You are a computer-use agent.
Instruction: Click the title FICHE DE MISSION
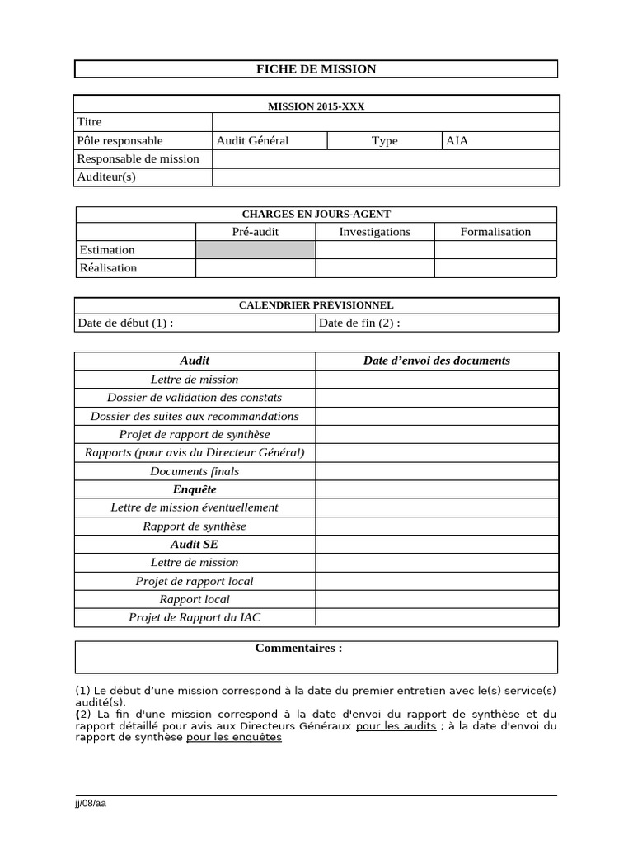click(x=316, y=69)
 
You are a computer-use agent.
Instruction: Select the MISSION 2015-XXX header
click(x=316, y=106)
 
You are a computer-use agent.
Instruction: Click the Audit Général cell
click(x=252, y=141)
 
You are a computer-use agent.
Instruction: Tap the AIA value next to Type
click(x=457, y=141)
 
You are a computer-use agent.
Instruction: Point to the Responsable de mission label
click(x=138, y=158)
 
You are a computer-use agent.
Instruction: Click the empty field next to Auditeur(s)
click(x=385, y=177)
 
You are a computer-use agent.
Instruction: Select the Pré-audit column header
click(x=256, y=232)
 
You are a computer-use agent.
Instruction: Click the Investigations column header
click(x=374, y=232)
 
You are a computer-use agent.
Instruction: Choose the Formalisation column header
click(x=495, y=232)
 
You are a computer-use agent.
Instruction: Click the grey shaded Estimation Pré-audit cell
click(x=256, y=250)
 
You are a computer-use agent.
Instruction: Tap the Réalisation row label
click(x=107, y=268)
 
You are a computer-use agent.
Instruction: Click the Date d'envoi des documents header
click(x=437, y=361)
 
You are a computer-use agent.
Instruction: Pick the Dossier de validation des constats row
click(x=195, y=398)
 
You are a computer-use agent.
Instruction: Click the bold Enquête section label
click(x=195, y=489)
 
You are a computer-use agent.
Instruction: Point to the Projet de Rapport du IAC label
click(x=195, y=617)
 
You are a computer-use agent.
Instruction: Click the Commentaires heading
click(x=298, y=649)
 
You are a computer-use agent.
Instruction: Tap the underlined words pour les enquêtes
click(x=234, y=738)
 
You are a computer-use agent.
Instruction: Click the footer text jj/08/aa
click(x=91, y=804)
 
